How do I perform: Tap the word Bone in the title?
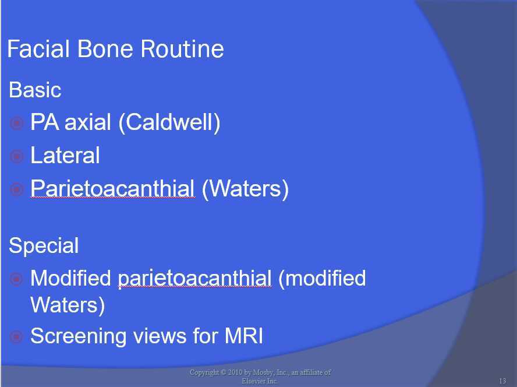click(x=102, y=49)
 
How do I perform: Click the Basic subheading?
click(x=35, y=90)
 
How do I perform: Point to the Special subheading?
click(x=44, y=245)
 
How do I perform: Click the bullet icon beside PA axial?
click(x=17, y=124)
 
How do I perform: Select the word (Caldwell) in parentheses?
click(x=169, y=123)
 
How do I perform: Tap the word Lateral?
click(x=65, y=156)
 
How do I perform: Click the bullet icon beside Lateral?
click(x=17, y=156)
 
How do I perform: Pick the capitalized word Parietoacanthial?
click(x=112, y=189)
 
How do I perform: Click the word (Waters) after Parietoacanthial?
click(x=245, y=189)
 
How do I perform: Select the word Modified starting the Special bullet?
click(x=70, y=278)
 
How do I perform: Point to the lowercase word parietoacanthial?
click(x=194, y=279)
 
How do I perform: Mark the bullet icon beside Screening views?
click(x=17, y=336)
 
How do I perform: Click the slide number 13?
click(x=502, y=381)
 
